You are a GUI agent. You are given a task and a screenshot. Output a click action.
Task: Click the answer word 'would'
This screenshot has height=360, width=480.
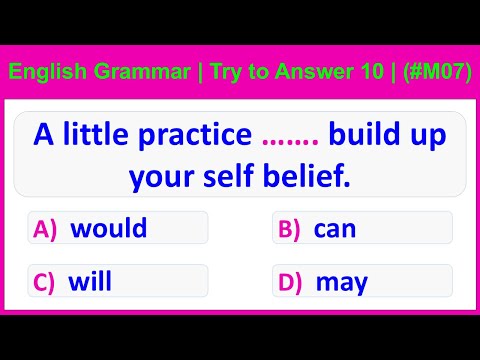click(x=108, y=228)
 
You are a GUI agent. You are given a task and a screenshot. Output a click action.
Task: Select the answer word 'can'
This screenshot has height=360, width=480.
click(x=335, y=228)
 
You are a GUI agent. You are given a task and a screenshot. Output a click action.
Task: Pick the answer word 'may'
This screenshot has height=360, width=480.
click(x=342, y=282)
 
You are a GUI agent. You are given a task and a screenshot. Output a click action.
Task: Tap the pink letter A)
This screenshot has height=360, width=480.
click(x=46, y=229)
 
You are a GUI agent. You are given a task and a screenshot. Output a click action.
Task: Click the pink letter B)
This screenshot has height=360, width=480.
click(x=289, y=229)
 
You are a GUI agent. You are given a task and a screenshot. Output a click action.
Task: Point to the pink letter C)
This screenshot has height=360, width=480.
click(x=45, y=282)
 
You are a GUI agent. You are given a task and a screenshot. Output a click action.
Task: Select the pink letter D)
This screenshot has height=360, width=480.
click(x=290, y=282)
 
